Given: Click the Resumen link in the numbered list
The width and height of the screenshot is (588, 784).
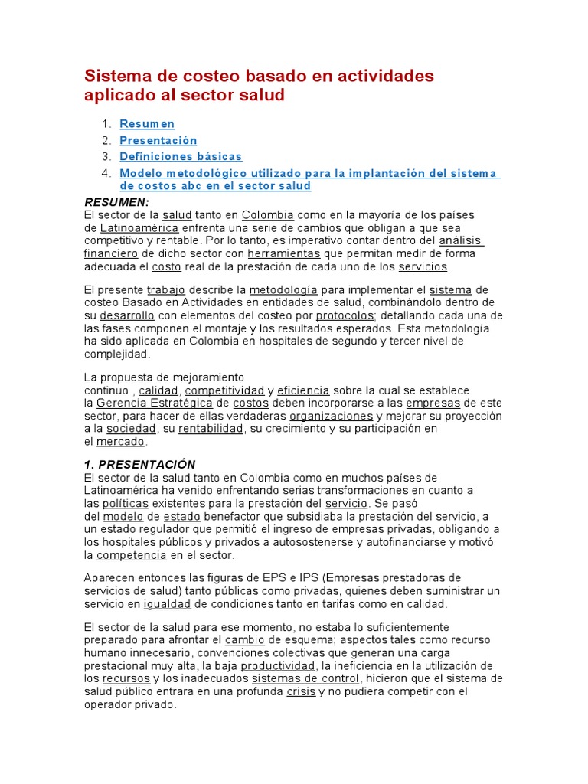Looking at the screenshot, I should click(147, 124).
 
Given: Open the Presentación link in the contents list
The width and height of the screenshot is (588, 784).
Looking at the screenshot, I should click(158, 141).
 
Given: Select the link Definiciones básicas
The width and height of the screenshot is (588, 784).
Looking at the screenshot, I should click(181, 157).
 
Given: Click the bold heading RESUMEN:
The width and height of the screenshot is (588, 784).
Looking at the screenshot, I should click(116, 201).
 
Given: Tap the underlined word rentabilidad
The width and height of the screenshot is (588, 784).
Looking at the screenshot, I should click(211, 429).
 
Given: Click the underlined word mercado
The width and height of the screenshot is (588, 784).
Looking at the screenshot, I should click(121, 442).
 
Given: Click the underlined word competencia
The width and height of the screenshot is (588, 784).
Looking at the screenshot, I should click(131, 555).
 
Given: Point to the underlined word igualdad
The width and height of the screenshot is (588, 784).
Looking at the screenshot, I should click(168, 605).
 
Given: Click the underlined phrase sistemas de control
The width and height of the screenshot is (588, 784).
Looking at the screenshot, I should click(305, 679).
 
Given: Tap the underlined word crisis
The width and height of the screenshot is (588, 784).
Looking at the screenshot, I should click(301, 692).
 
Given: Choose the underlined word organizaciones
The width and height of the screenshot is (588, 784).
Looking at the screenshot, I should click(331, 416).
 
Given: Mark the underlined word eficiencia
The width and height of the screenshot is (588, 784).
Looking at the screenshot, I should click(303, 390).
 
